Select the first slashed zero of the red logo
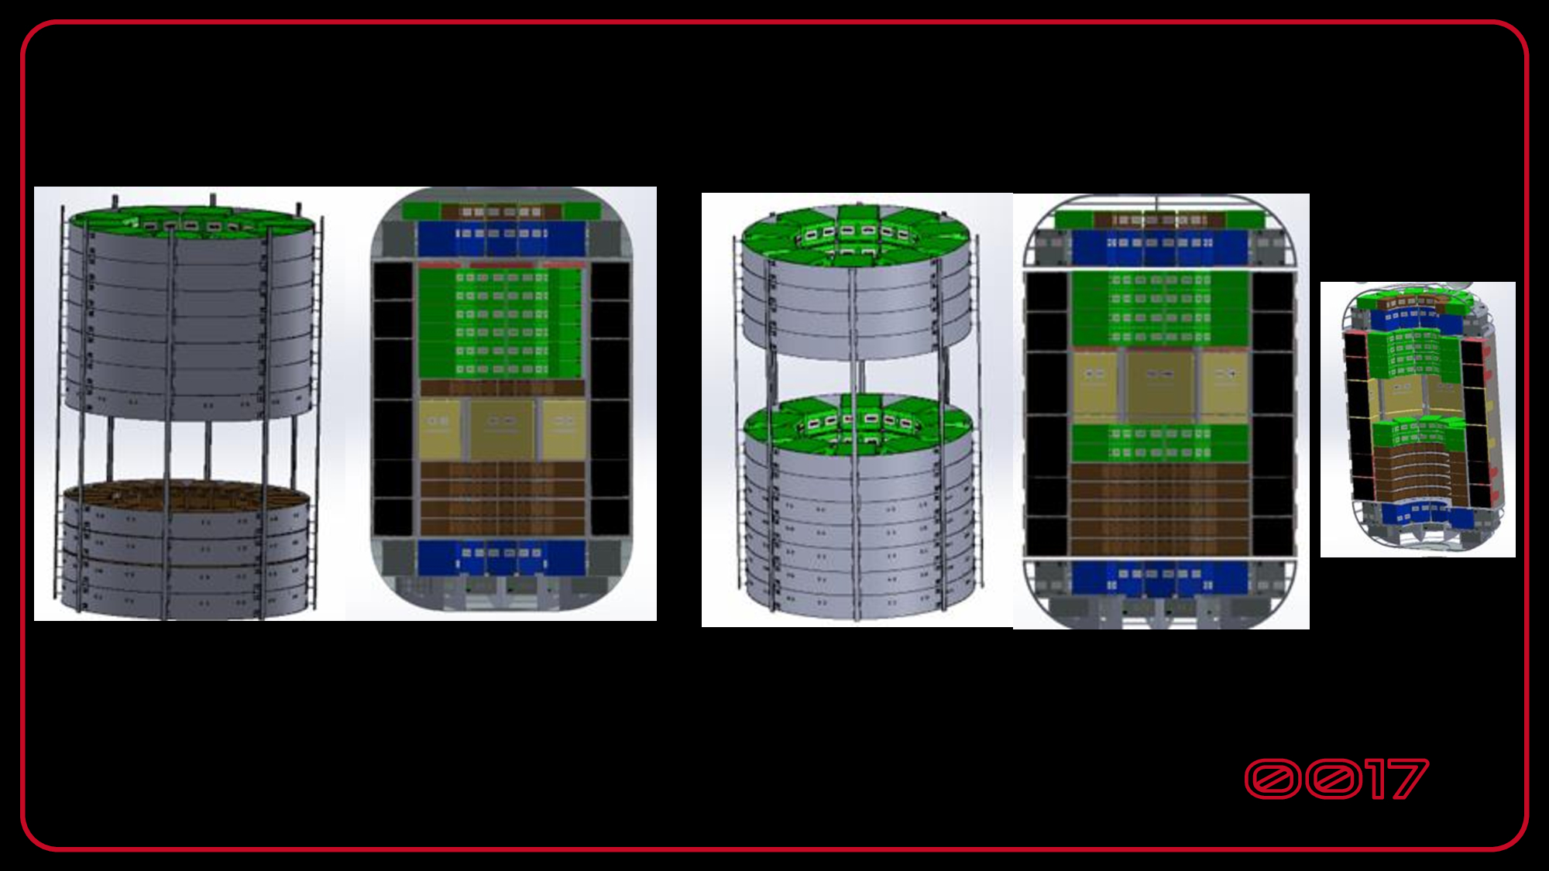1273,779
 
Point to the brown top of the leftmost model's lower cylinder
186,496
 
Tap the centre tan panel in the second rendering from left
502,428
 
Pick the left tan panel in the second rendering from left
439,428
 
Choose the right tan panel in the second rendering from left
564,428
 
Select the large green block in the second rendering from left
500,321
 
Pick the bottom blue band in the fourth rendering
1159,578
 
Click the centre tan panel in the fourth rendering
1159,385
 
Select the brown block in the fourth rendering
1159,507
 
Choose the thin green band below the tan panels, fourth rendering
1159,443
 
